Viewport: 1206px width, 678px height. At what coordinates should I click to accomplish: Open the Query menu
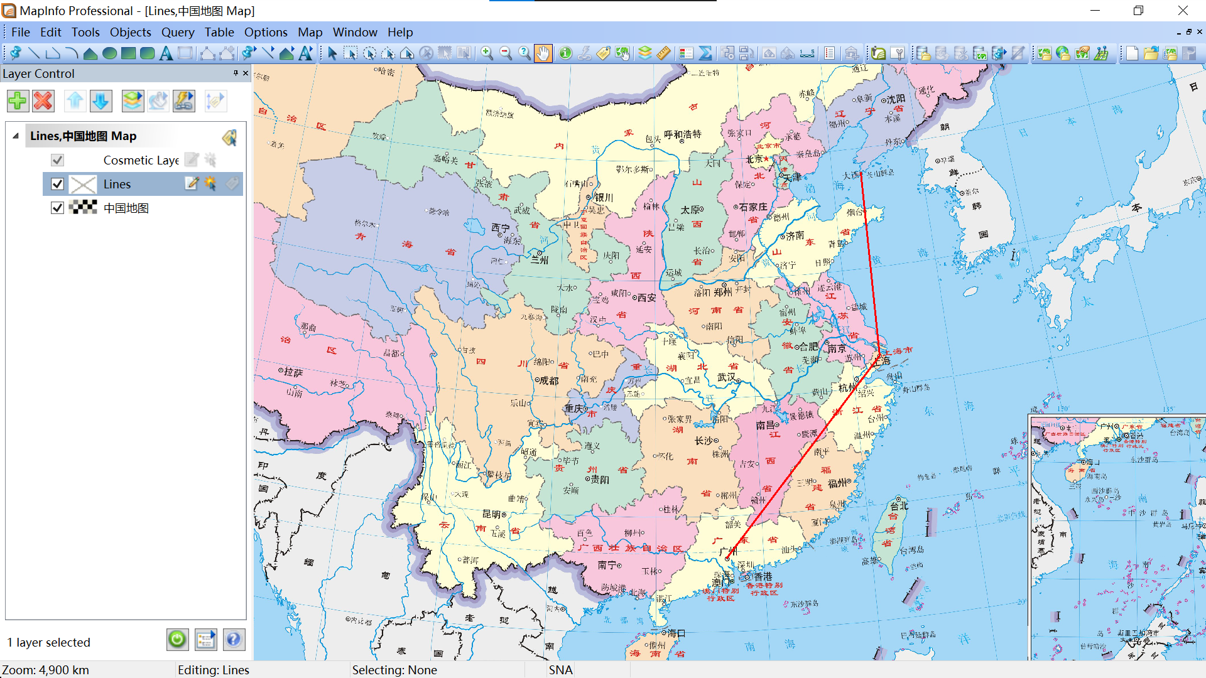click(178, 32)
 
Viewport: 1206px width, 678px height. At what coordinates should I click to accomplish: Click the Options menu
click(266, 32)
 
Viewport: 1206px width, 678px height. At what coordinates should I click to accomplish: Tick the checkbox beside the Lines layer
click(57, 184)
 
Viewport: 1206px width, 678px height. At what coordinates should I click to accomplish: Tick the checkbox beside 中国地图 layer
click(57, 208)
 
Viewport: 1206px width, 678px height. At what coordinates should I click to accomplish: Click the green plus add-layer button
click(18, 100)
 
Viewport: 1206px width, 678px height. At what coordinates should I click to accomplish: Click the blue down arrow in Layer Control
click(100, 100)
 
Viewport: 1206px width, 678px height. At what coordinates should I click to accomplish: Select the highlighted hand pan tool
click(543, 53)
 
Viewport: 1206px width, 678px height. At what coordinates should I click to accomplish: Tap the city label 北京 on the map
click(754, 159)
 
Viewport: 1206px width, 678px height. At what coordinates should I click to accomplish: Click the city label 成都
click(548, 380)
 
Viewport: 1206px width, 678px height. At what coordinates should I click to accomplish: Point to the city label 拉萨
click(293, 372)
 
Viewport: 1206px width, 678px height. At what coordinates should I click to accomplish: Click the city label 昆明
click(492, 514)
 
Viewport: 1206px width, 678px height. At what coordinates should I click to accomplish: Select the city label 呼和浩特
click(682, 134)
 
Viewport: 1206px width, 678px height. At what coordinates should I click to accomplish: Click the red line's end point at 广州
click(727, 558)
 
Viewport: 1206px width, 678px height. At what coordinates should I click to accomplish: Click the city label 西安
click(646, 298)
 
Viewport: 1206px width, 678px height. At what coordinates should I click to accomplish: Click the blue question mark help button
click(233, 640)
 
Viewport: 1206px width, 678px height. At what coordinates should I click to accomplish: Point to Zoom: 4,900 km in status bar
click(45, 670)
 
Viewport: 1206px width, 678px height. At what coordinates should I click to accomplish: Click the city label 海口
click(676, 633)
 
